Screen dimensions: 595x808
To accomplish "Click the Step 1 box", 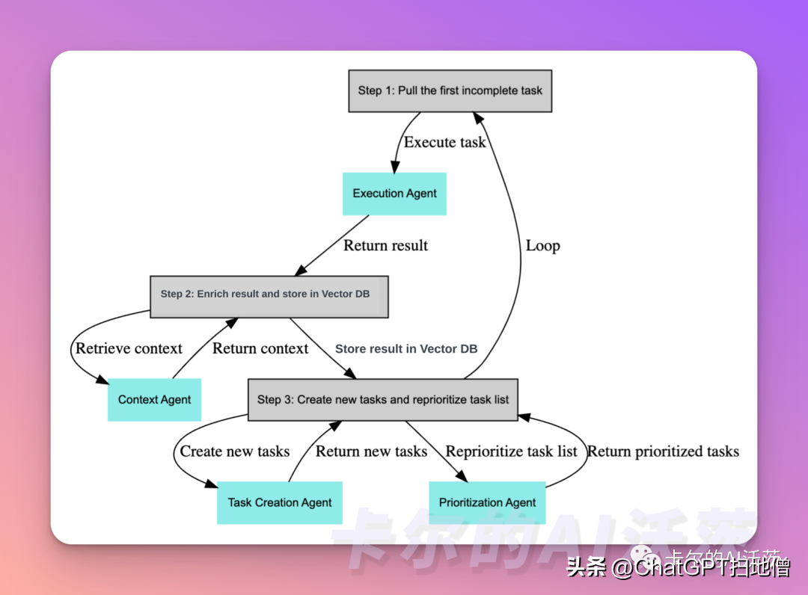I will click(x=450, y=90).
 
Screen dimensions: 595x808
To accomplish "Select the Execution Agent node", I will click(x=394, y=194).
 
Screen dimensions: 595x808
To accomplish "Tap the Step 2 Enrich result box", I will click(x=269, y=295).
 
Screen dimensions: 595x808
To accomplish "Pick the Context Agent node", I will click(x=154, y=399).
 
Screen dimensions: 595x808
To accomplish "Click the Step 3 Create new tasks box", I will click(x=382, y=399).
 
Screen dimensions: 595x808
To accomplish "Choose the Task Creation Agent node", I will click(x=279, y=502).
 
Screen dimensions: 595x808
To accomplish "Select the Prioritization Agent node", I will click(x=487, y=502).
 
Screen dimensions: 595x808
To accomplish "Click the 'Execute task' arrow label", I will click(x=445, y=142).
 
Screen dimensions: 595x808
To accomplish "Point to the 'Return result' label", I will click(x=385, y=245).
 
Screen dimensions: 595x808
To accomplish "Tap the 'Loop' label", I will click(x=542, y=246).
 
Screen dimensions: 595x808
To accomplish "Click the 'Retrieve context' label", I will click(x=129, y=348).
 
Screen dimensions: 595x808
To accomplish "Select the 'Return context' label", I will click(x=260, y=348).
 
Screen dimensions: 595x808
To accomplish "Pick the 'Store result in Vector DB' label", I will click(x=406, y=348).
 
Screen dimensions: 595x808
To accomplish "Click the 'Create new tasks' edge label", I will click(x=234, y=451).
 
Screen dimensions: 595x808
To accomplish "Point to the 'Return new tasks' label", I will click(x=371, y=451).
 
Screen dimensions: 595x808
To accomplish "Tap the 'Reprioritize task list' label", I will click(x=512, y=451).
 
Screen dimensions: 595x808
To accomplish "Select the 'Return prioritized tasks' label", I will click(x=663, y=451).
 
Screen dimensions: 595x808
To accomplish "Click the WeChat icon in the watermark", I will click(x=641, y=555).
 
